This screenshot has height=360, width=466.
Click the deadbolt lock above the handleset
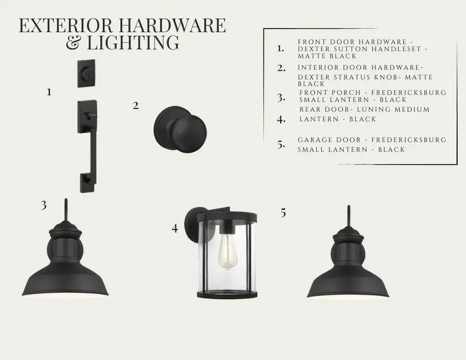[86, 74]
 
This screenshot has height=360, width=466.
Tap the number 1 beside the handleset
[49, 92]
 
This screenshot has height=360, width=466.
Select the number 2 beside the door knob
[136, 106]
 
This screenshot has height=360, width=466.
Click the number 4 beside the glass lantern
[175, 228]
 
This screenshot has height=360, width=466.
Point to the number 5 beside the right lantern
[283, 213]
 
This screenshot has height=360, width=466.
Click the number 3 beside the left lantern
[43, 205]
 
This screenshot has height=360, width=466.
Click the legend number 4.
[281, 120]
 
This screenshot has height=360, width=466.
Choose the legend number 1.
[281, 49]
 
